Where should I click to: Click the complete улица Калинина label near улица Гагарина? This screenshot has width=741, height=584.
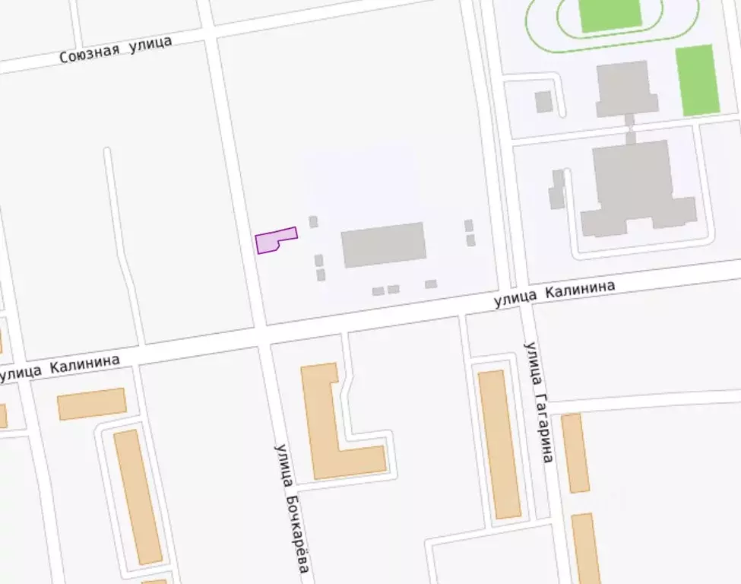pyautogui.click(x=554, y=293)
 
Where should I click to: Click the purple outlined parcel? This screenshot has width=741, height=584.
pyautogui.click(x=274, y=240)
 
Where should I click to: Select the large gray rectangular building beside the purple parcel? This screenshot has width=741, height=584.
pyautogui.click(x=383, y=244)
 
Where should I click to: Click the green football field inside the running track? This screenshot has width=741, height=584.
pyautogui.click(x=610, y=14)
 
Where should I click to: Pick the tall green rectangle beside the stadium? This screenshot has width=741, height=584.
pyautogui.click(x=697, y=80)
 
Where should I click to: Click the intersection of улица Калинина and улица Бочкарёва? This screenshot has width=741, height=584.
pyautogui.click(x=264, y=335)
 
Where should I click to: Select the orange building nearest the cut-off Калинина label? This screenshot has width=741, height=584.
pyautogui.click(x=91, y=403)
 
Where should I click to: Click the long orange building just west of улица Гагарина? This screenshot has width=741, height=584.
pyautogui.click(x=499, y=444)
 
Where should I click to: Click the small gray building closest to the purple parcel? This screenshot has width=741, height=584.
pyautogui.click(x=313, y=222)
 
